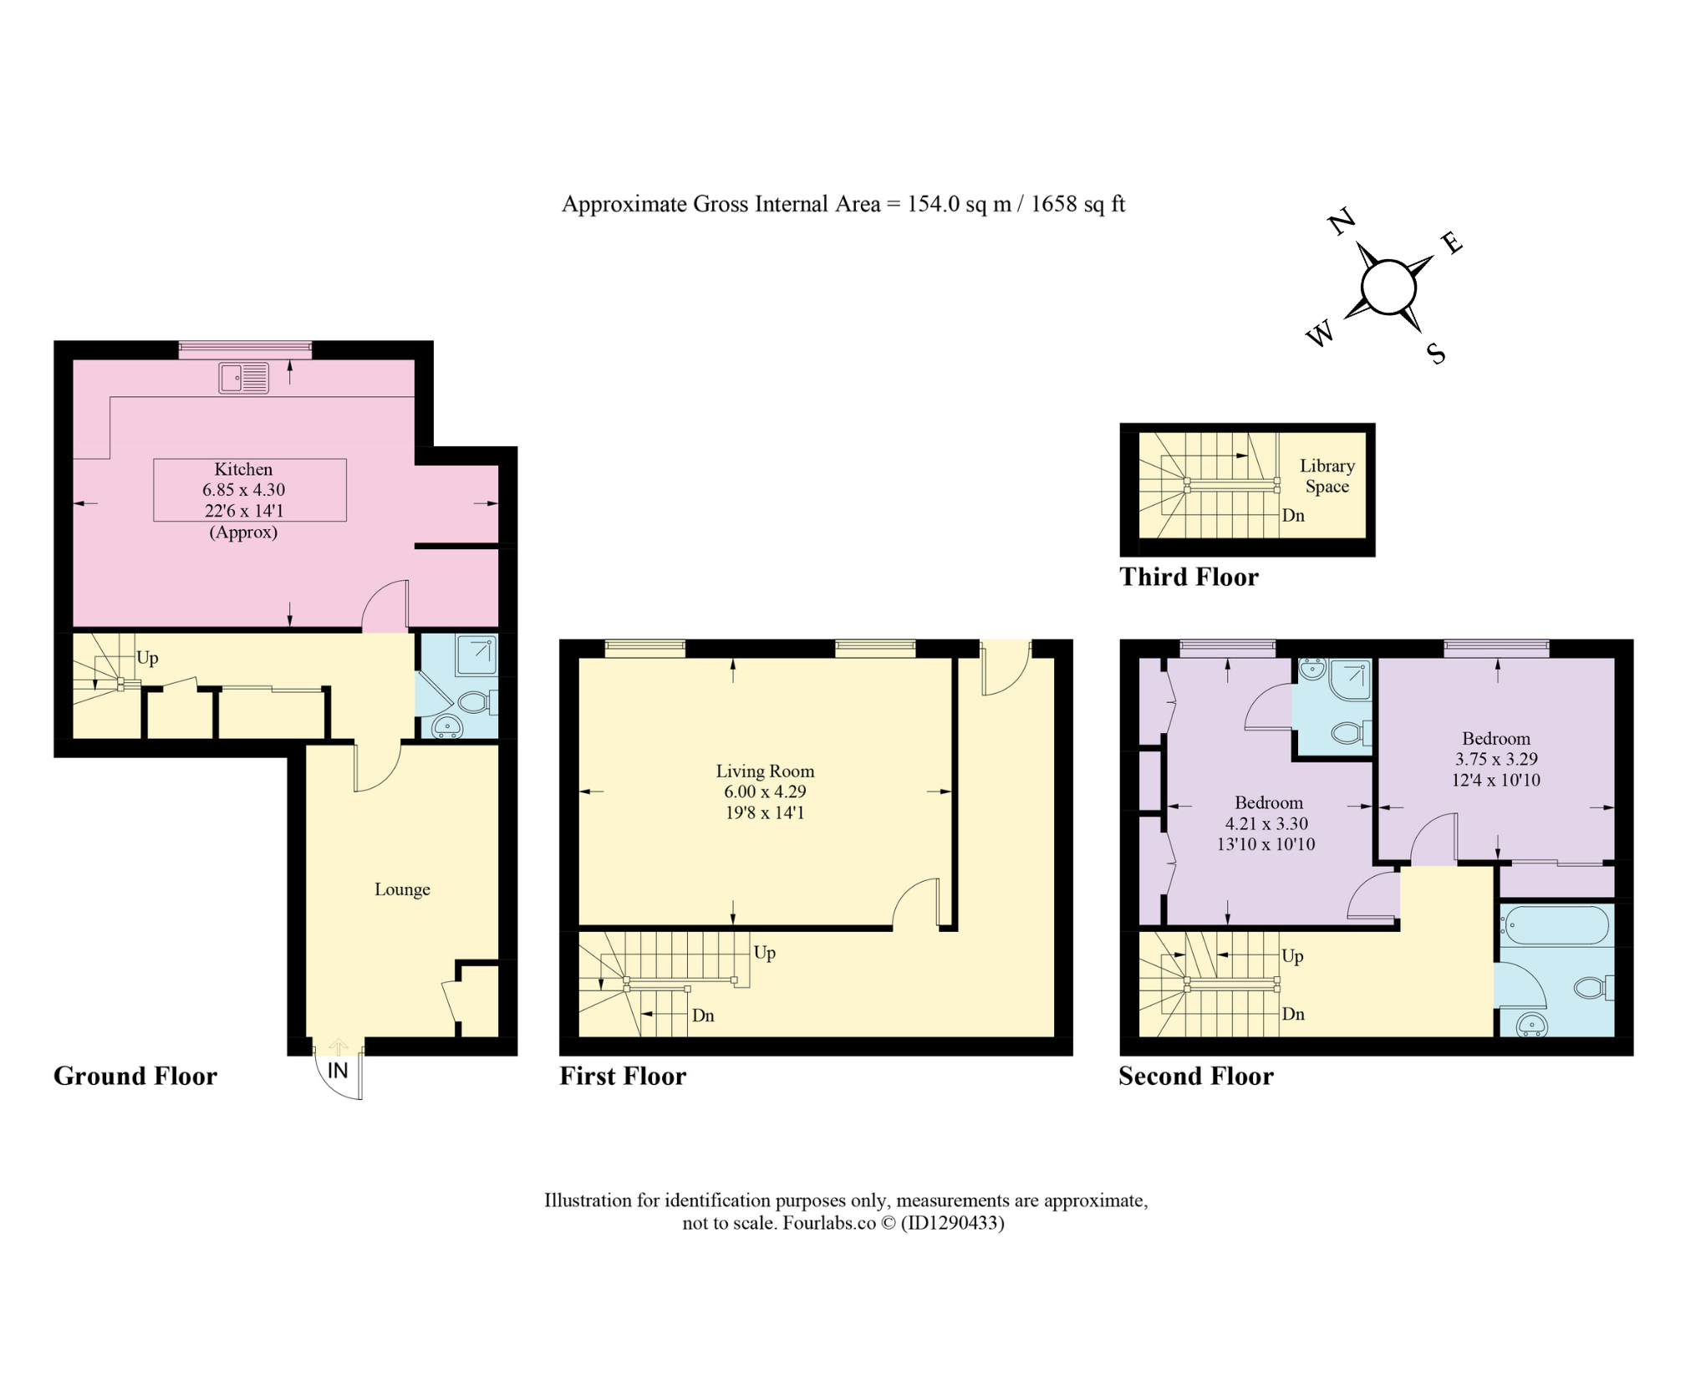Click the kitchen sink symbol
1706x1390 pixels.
pos(244,378)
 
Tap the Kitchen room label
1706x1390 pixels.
pos(243,469)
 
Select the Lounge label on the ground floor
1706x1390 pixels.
pos(402,889)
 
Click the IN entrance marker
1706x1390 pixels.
pos(338,1070)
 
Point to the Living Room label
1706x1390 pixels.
pos(765,771)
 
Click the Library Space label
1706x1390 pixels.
pos(1327,476)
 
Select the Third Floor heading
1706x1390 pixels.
pos(1189,577)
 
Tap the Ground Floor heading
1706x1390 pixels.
pos(135,1076)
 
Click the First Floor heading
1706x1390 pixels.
pos(623,1076)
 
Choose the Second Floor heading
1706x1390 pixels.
pos(1196,1076)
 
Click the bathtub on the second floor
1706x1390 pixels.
pos(1555,925)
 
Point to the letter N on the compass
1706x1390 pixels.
pos(1342,222)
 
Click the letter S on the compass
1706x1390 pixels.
pos(1436,354)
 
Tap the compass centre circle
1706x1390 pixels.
pos(1388,288)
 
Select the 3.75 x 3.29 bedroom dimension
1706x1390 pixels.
pos(1496,759)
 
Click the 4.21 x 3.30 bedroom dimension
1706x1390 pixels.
pos(1266,823)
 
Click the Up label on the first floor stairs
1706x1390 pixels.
pos(765,953)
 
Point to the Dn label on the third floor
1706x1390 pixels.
pos(1293,515)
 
